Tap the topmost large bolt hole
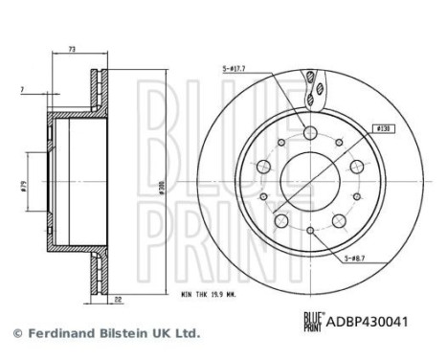pos(310,133)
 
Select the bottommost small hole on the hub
pos(311,230)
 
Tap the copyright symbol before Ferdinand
pos(15,333)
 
